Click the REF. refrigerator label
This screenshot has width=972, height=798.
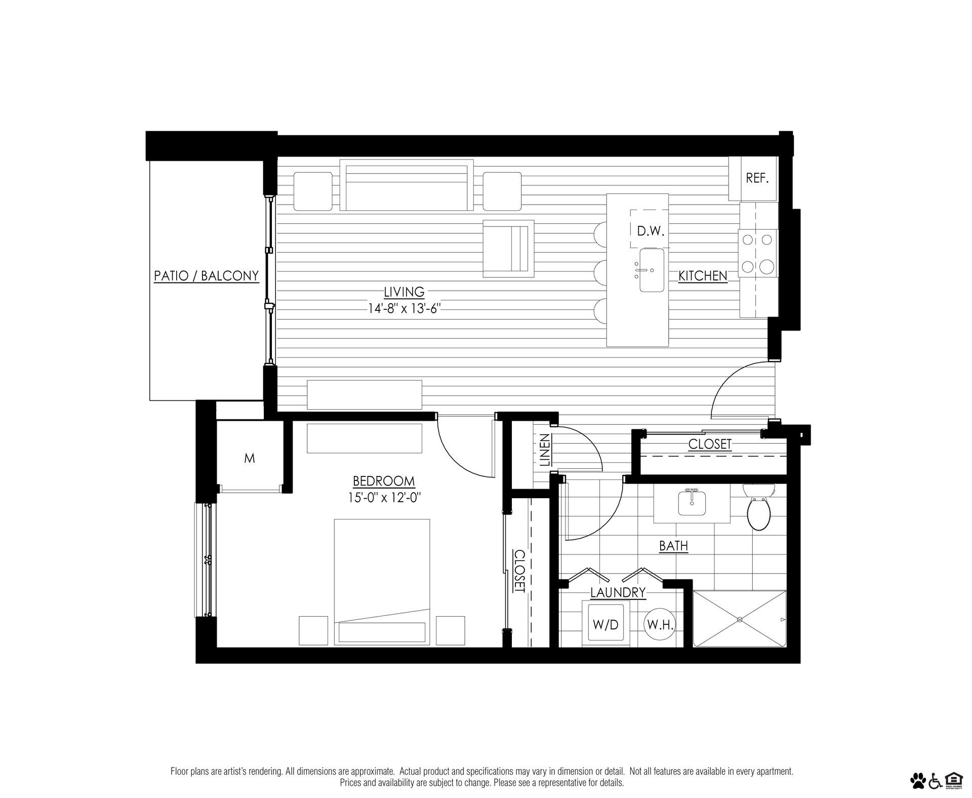tap(757, 178)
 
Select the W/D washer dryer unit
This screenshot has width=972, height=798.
tap(605, 624)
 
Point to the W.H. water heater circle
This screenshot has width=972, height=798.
tap(660, 625)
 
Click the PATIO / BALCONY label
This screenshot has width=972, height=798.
tap(206, 276)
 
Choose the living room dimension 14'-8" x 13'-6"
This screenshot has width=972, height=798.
tap(403, 308)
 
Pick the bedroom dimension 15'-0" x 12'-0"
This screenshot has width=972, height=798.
tap(384, 497)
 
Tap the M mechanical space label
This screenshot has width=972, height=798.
tap(249, 459)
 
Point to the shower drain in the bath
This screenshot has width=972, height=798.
tap(739, 619)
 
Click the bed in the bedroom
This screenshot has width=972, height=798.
tap(382, 582)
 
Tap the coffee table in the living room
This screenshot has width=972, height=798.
tap(508, 248)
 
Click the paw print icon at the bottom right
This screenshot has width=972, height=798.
tap(917, 781)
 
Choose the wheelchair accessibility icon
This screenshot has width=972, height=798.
tap(935, 781)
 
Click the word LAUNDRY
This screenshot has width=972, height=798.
tap(618, 592)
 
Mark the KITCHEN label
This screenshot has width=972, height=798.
tap(703, 276)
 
